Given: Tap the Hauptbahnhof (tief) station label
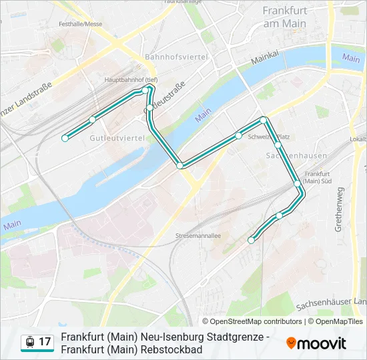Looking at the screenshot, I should pyautogui.click(x=131, y=79).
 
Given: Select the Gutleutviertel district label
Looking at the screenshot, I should pyautogui.click(x=117, y=138).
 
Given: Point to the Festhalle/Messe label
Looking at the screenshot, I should pyautogui.click(x=80, y=24).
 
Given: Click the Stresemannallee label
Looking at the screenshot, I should pyautogui.click(x=198, y=236).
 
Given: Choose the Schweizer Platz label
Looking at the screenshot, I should pyautogui.click(x=268, y=137).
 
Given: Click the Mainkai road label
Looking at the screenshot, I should pyautogui.click(x=264, y=60).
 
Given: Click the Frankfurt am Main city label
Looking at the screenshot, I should pyautogui.click(x=284, y=17).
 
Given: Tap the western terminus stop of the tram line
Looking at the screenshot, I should pyautogui.click(x=65, y=138).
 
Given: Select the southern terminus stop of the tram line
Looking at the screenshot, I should pyautogui.click(x=252, y=240).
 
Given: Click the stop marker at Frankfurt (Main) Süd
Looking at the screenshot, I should pyautogui.click(x=297, y=182).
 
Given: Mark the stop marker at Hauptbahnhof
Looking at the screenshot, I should pyautogui.click(x=145, y=89).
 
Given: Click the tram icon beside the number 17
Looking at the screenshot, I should pyautogui.click(x=29, y=342).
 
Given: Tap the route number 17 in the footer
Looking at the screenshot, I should pyautogui.click(x=45, y=342).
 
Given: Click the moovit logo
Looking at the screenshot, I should pyautogui.click(x=316, y=343).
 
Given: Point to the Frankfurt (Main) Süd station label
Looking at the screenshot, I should pyautogui.click(x=317, y=177).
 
